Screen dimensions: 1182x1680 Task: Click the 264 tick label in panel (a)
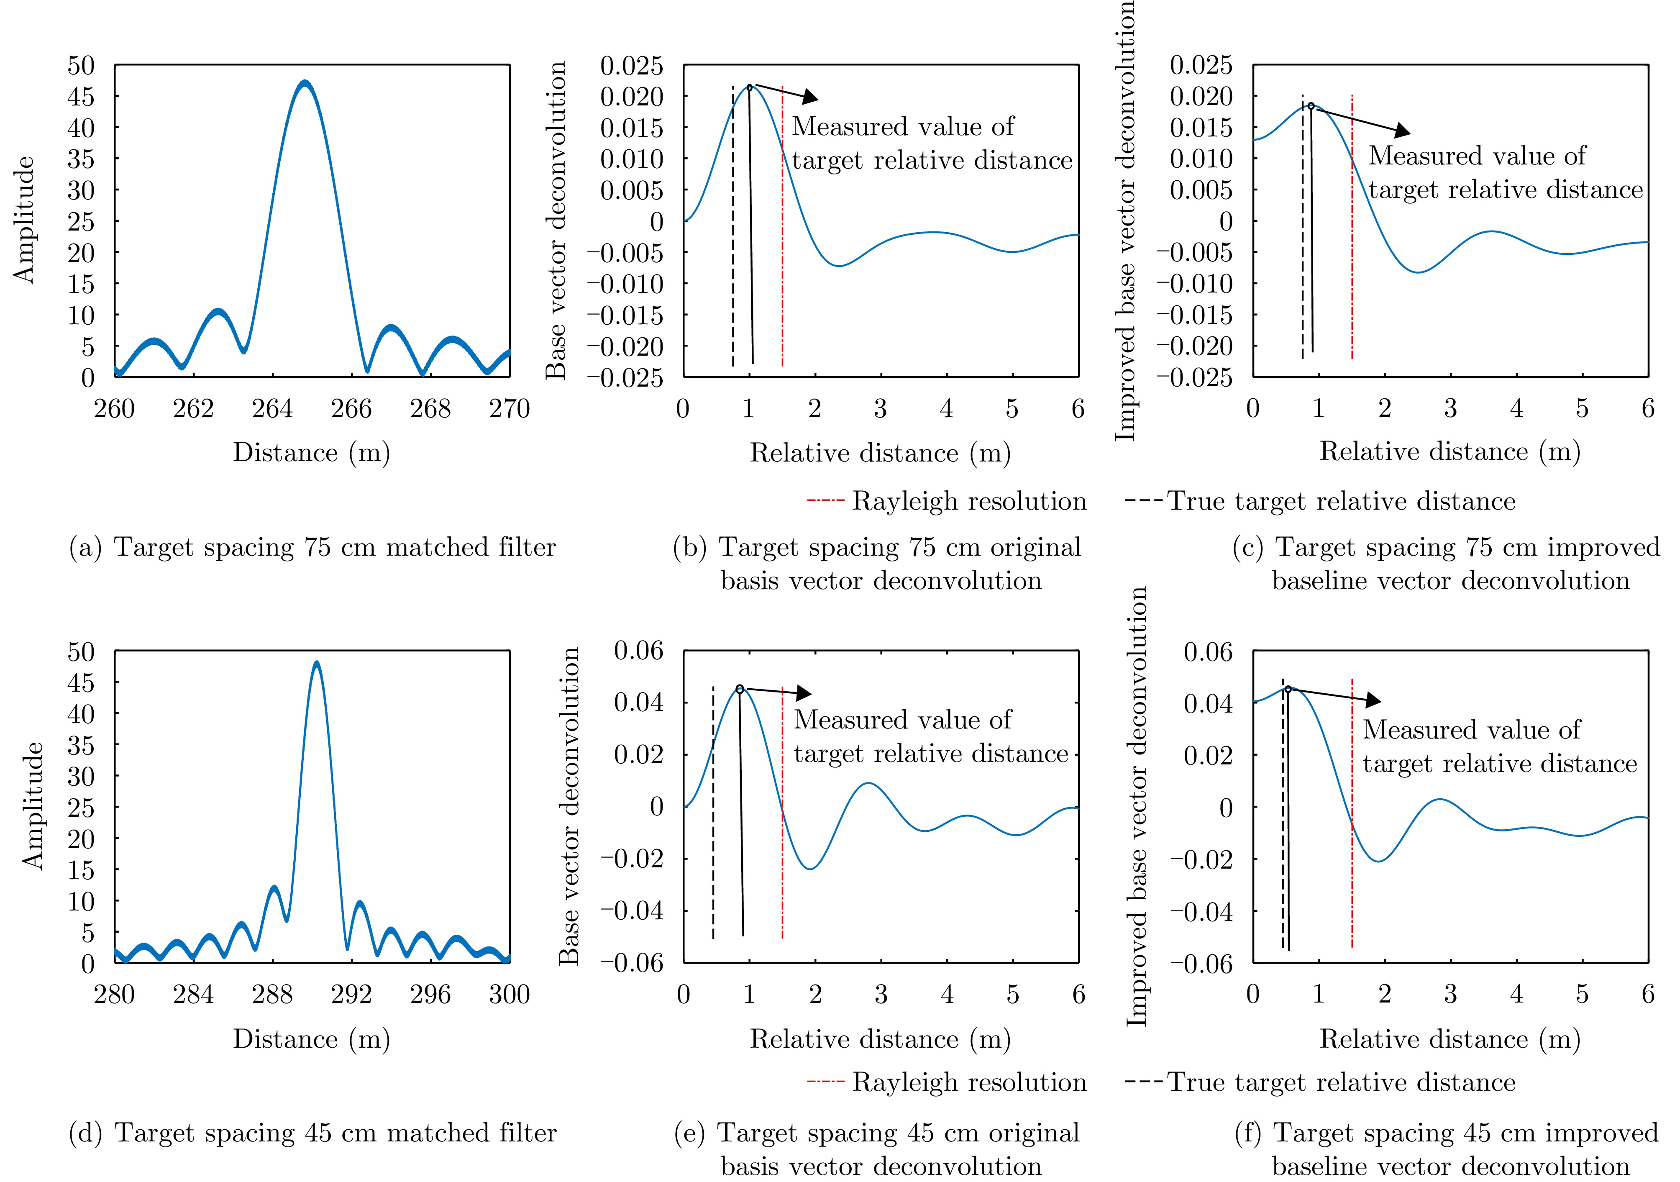272,408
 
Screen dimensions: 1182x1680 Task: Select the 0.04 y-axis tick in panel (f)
1208,704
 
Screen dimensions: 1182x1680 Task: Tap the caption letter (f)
1250,1133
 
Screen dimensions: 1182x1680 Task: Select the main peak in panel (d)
316,663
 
